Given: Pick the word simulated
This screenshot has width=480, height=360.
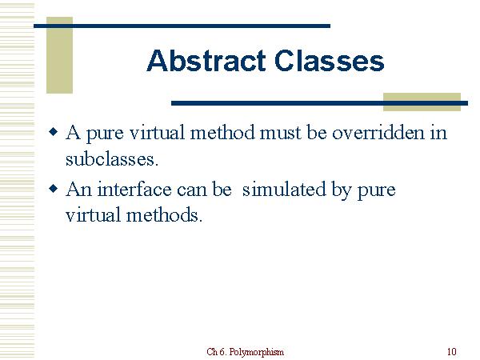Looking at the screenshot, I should pyautogui.click(x=280, y=190).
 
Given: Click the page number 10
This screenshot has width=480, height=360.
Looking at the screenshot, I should pyautogui.click(x=452, y=352).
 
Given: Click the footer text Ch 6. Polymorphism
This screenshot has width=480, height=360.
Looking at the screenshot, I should pyautogui.click(x=245, y=352).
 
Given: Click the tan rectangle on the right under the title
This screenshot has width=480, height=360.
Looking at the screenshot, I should pyautogui.click(x=422, y=101).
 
